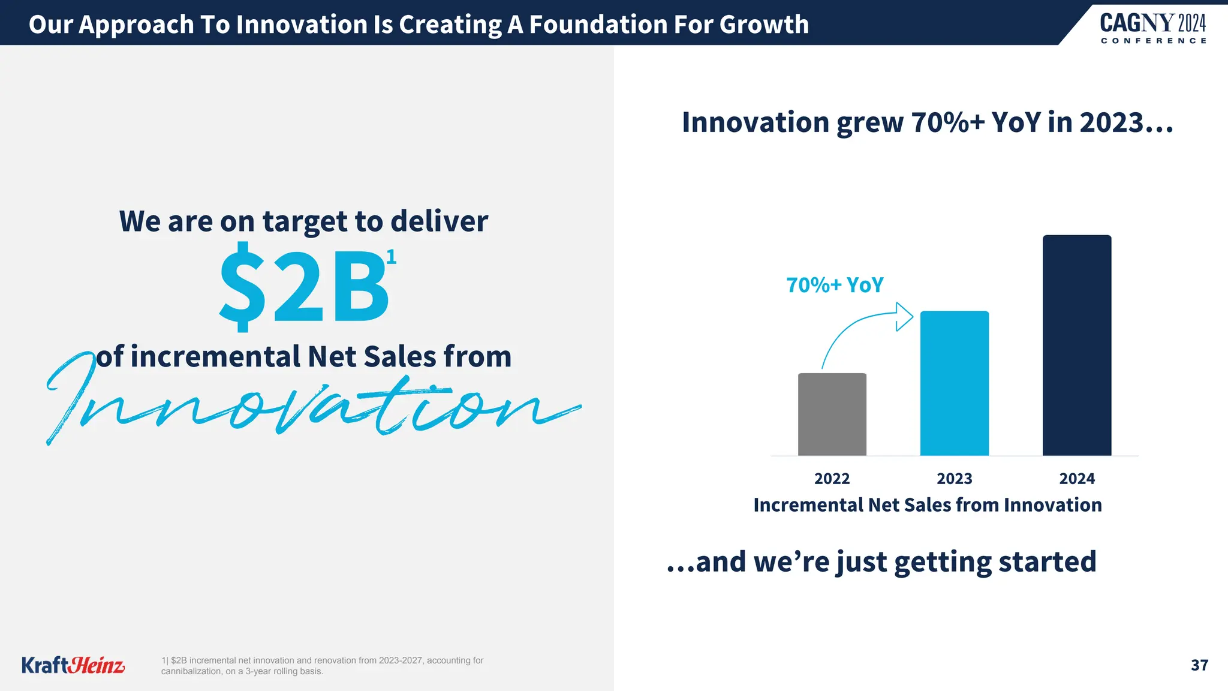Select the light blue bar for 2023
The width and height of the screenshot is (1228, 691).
(954, 383)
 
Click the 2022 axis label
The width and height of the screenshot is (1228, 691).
(832, 479)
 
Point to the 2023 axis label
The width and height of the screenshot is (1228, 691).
(954, 479)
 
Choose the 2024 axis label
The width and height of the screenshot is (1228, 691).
(1076, 479)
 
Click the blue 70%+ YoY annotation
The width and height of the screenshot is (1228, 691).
(835, 285)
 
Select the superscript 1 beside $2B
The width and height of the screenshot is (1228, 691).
(391, 257)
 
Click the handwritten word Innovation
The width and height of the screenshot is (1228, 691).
(312, 405)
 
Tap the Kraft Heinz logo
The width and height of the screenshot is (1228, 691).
(73, 665)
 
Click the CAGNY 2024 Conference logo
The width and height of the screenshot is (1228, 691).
(1152, 28)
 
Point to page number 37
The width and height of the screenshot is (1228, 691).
(1199, 665)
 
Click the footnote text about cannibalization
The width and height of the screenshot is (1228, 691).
(322, 666)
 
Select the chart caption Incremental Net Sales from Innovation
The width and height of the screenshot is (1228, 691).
(927, 505)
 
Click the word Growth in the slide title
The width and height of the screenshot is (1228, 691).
(764, 25)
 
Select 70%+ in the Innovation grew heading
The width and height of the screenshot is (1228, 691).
(947, 122)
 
